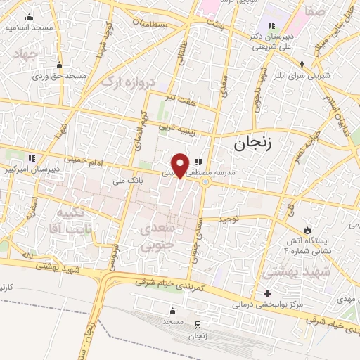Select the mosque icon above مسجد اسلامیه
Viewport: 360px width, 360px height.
point(29,17)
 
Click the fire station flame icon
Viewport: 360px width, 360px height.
point(307,229)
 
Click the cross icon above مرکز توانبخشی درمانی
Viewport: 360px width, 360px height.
point(266,293)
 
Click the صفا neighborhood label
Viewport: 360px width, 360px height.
point(316,11)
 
